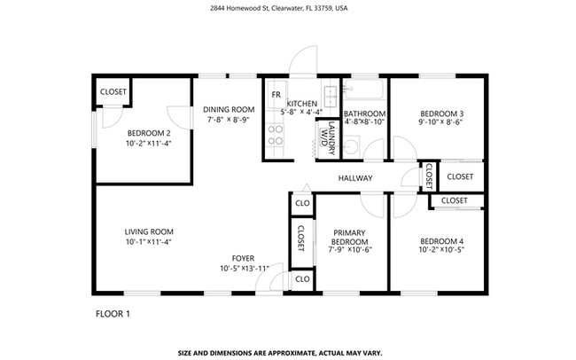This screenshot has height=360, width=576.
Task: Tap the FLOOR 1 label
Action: pyautogui.click(x=113, y=313)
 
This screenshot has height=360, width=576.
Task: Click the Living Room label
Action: pyautogui.click(x=148, y=231)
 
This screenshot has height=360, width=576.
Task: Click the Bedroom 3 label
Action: pyautogui.click(x=440, y=113)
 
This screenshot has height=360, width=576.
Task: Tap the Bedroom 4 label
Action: pyautogui.click(x=440, y=241)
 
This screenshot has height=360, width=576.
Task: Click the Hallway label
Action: pyautogui.click(x=355, y=178)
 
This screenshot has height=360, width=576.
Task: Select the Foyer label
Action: pyautogui.click(x=244, y=258)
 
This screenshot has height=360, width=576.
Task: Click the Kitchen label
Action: pyautogui.click(x=301, y=103)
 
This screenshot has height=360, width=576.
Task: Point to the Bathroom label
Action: pyautogui.click(x=364, y=113)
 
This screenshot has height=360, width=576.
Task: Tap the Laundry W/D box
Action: pyautogui.click(x=326, y=139)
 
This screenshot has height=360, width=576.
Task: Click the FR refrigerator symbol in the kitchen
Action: pyautogui.click(x=276, y=94)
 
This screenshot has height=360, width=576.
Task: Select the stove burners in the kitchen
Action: pyautogui.click(x=276, y=134)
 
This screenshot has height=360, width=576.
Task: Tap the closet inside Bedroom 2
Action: pyautogui.click(x=113, y=91)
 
